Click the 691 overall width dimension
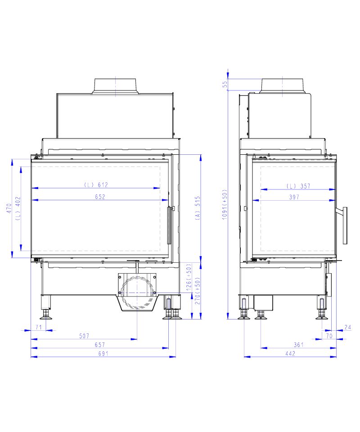click(103, 354)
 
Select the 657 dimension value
click(100, 345)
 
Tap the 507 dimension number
click(84, 336)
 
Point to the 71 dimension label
click(39, 327)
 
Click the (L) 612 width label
click(96, 184)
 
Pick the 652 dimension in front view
click(100, 197)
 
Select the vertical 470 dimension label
click(9, 208)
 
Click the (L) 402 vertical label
click(18, 208)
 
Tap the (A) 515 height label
click(198, 208)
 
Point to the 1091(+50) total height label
click(225, 204)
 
